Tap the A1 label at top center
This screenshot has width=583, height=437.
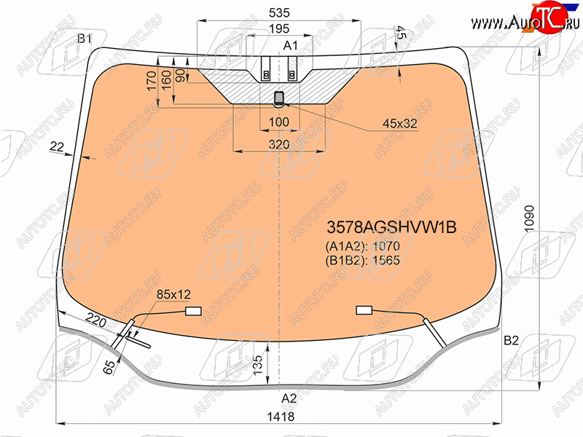[291, 46]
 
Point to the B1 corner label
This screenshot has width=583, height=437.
[85, 38]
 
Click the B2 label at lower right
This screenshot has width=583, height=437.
[511, 340]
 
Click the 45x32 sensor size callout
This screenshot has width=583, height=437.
[400, 124]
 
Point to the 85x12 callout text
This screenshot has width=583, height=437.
[173, 294]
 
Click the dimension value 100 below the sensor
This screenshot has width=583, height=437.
[279, 121]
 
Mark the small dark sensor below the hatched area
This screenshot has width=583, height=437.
[279, 98]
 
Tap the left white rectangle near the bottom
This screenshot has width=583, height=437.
[193, 311]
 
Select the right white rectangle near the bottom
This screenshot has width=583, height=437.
[364, 310]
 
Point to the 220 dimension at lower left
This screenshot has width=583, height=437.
[95, 318]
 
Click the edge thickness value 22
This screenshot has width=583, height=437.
[57, 147]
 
